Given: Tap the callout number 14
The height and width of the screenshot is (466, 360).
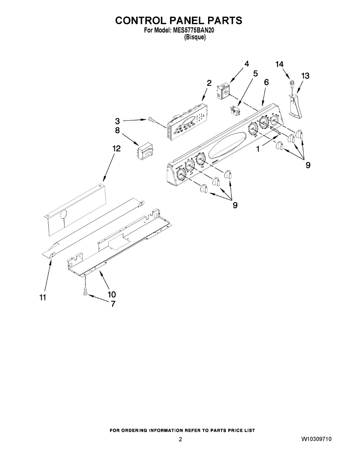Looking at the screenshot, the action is [279, 64].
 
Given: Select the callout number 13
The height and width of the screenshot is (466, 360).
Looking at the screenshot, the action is [305, 76].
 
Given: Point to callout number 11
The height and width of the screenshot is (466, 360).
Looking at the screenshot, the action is [43, 297].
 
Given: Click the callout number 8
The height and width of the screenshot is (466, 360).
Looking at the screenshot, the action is [117, 130].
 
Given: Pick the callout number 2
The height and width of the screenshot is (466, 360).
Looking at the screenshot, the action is [209, 83].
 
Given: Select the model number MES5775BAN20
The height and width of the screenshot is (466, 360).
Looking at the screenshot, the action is [192, 30].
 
